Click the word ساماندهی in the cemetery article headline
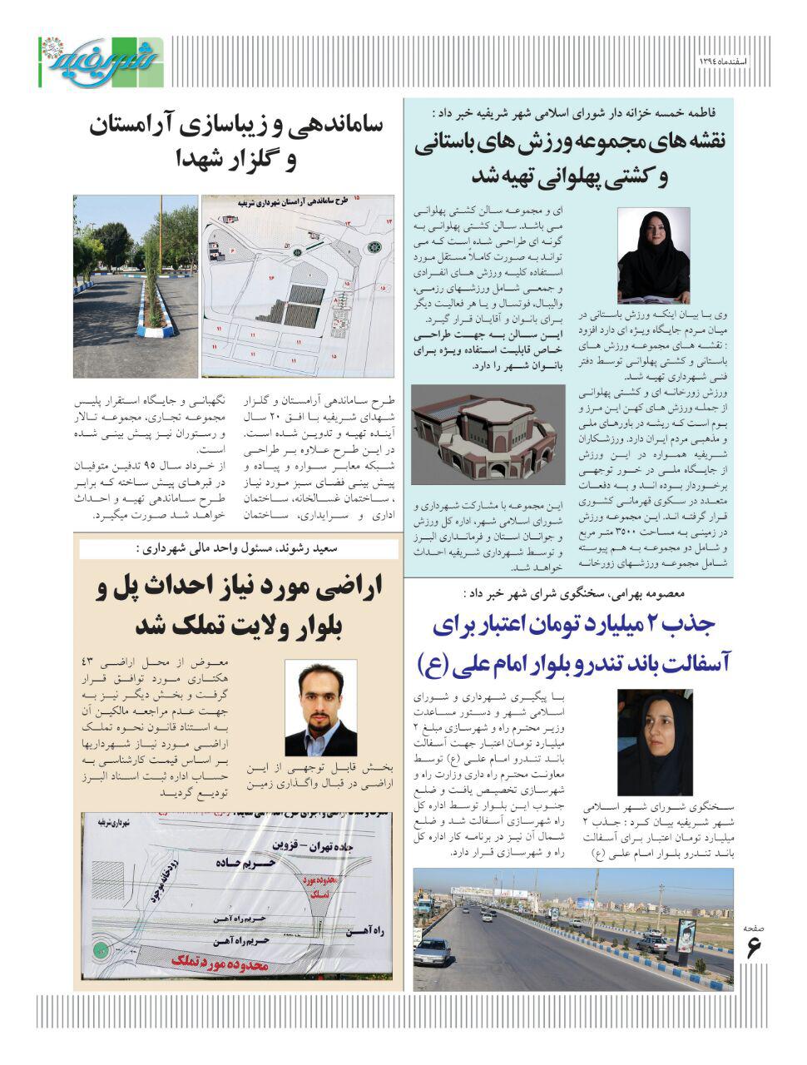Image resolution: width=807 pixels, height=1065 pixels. [334, 127]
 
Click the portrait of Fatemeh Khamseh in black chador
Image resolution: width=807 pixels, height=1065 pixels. [652, 255]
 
